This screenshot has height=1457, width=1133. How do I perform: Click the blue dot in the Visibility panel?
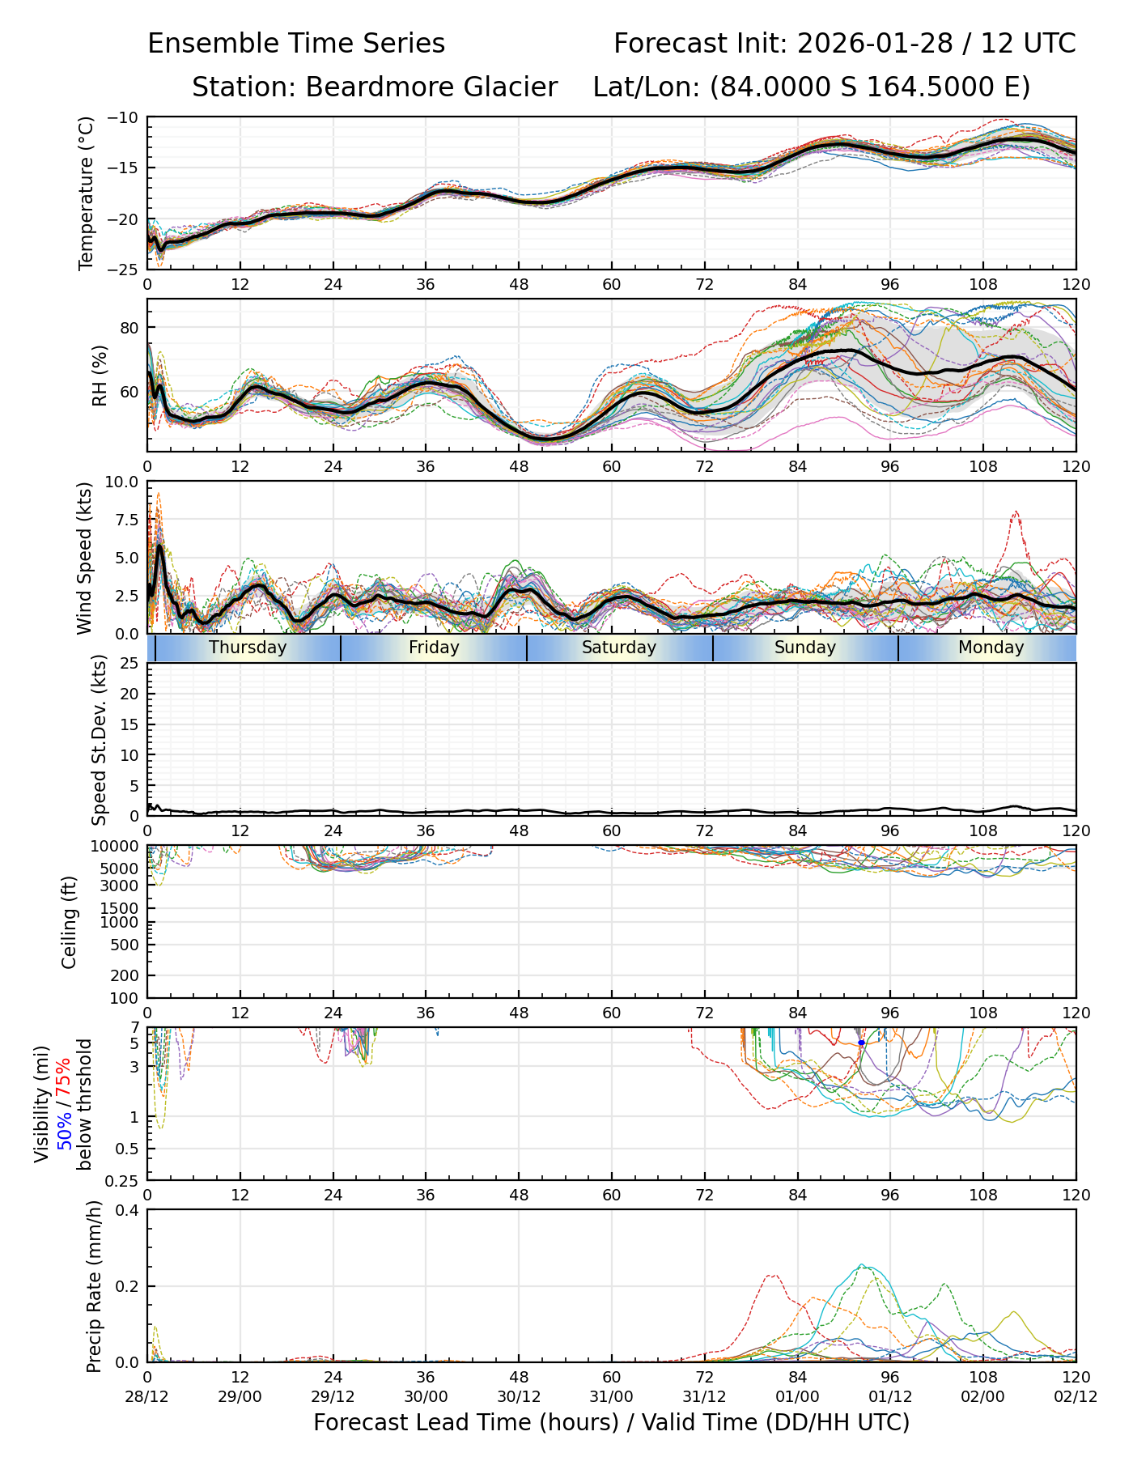click(x=861, y=1043)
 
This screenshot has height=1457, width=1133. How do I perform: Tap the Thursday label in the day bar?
click(x=248, y=648)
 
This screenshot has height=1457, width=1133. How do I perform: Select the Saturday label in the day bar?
click(x=619, y=648)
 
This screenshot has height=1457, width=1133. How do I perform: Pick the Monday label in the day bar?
click(x=991, y=648)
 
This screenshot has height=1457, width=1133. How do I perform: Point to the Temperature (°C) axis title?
click(x=87, y=193)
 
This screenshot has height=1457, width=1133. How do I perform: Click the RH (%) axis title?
click(x=100, y=375)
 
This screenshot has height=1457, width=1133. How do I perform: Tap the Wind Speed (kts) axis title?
click(x=85, y=558)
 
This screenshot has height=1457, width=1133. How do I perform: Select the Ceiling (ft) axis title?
click(x=70, y=922)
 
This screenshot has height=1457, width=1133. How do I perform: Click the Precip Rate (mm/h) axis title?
click(x=94, y=1286)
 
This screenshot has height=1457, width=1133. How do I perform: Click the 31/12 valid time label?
click(x=704, y=1396)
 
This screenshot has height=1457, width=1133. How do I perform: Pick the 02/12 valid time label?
click(x=1076, y=1396)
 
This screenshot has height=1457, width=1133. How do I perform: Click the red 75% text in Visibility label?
click(x=64, y=1076)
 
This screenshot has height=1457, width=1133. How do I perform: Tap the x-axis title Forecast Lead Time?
click(x=611, y=1422)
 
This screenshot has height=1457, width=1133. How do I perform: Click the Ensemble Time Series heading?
click(x=296, y=44)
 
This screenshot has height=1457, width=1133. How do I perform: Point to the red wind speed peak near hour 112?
click(x=1015, y=512)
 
